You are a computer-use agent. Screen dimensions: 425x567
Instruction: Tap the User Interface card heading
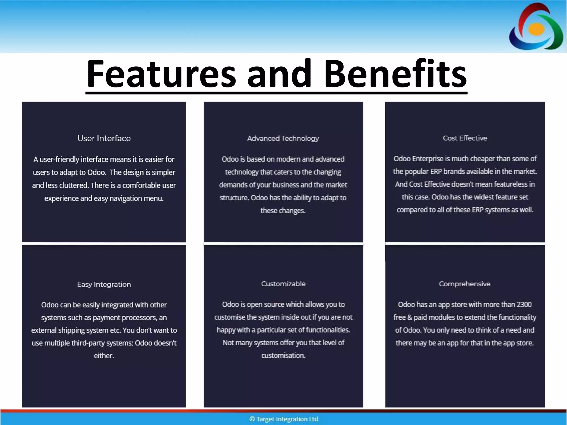coord(104,138)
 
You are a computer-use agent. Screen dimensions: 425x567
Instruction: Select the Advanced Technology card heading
coord(283,138)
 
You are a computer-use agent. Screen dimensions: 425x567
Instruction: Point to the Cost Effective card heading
coord(465,138)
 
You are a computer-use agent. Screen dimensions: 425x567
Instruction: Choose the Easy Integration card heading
coord(104,284)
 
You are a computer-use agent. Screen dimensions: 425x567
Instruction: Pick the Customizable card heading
coord(283,284)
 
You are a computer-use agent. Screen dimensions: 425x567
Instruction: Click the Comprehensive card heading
coord(465,284)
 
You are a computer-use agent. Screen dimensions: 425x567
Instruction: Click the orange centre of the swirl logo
coord(536,29)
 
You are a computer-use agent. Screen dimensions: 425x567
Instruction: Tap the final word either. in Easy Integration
coord(104,356)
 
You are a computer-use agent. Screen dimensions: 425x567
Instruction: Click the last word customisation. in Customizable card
coord(283,356)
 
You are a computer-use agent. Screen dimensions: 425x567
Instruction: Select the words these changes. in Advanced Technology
coord(283,211)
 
